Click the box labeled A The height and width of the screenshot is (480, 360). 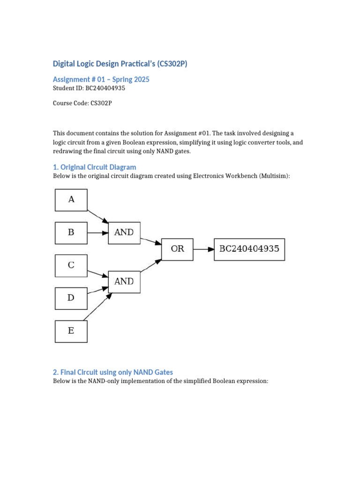click(71, 200)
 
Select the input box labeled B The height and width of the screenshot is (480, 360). click(71, 232)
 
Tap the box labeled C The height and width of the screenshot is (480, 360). click(71, 265)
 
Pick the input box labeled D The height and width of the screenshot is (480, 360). click(71, 298)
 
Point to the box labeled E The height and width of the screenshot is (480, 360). click(71, 331)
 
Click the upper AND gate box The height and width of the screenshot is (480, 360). click(124, 232)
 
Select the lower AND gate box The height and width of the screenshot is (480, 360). click(124, 282)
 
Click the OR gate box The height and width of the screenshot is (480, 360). click(177, 249)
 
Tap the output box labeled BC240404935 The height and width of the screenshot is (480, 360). click(249, 249)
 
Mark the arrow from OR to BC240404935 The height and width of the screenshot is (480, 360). click(203, 249)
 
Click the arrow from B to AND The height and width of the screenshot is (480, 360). click(97, 232)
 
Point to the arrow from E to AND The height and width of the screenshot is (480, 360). click(99, 307)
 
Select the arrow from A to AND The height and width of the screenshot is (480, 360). click(98, 216)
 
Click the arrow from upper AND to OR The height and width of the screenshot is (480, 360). click(151, 241)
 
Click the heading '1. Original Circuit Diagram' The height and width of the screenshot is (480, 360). click(94, 167)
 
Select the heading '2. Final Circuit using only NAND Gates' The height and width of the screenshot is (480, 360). click(112, 372)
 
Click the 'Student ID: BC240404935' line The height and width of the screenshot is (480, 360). click(89, 88)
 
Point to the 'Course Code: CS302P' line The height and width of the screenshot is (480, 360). click(82, 103)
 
